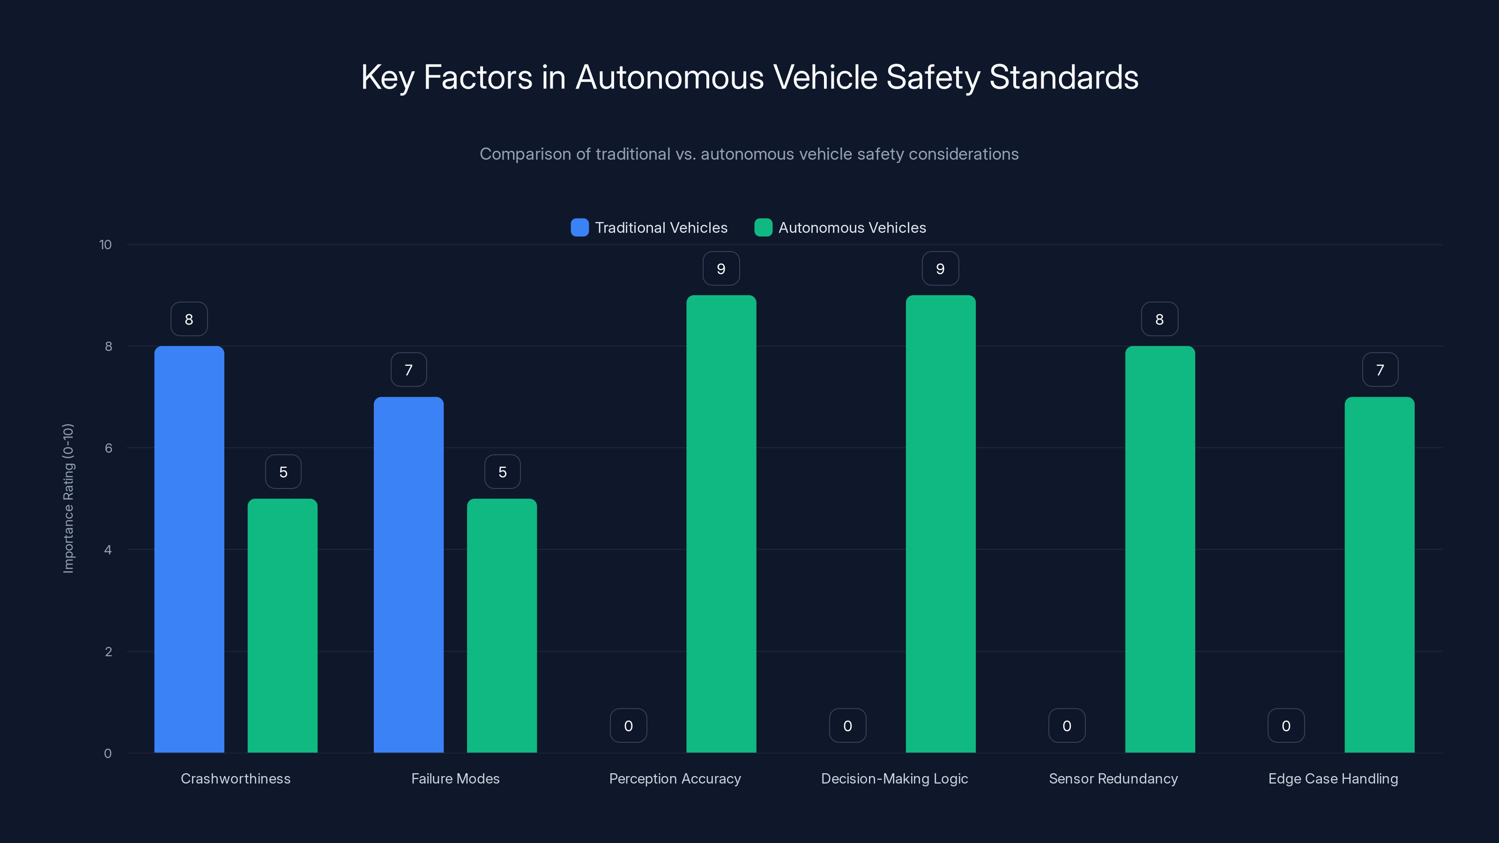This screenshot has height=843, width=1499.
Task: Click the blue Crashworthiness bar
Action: click(189, 549)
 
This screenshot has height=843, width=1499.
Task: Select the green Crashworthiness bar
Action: click(283, 625)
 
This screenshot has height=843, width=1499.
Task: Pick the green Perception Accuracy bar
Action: click(721, 524)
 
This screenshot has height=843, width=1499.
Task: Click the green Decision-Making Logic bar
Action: click(940, 524)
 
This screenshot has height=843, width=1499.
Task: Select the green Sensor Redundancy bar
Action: click(1160, 549)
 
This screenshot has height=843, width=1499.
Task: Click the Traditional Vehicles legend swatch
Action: click(579, 228)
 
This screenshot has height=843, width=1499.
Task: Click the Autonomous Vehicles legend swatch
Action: click(763, 228)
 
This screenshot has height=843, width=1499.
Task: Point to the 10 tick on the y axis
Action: click(105, 244)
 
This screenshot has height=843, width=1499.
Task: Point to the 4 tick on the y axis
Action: click(108, 550)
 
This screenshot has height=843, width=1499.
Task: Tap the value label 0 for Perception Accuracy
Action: click(629, 725)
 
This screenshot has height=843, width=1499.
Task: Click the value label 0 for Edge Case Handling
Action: click(1286, 725)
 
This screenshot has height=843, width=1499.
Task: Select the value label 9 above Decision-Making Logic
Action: click(940, 269)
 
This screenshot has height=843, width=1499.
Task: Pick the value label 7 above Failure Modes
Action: click(408, 370)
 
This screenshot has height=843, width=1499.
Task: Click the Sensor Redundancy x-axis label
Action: click(1113, 778)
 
